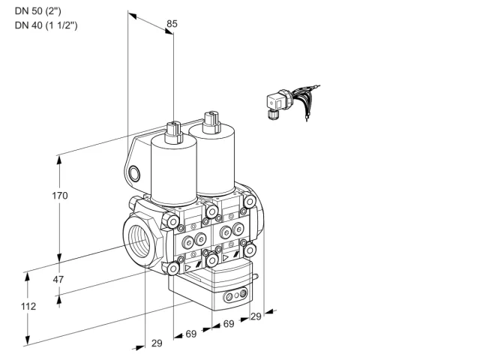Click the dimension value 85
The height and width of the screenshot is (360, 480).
pos(172,23)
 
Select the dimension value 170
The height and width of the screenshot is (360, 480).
pos(60,195)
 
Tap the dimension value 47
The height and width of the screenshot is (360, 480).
pos(58,279)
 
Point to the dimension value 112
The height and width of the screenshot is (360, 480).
pos(28,306)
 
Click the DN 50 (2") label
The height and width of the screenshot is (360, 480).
pos(38,11)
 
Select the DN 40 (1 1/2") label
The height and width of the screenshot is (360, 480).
pos(46,25)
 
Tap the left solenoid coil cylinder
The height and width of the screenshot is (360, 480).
pos(173,172)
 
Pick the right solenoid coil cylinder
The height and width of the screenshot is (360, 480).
pos(212,160)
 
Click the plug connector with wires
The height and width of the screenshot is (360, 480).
pos(291,103)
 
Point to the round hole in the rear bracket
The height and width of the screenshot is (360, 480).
pos(134,174)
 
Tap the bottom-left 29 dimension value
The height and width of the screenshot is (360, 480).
pos(157,343)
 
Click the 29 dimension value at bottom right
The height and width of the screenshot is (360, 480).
pos(256,316)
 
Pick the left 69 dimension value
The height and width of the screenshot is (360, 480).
pos(191,334)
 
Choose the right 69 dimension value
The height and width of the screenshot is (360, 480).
pos(229,323)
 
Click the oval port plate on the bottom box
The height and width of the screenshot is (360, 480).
pos(235,295)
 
